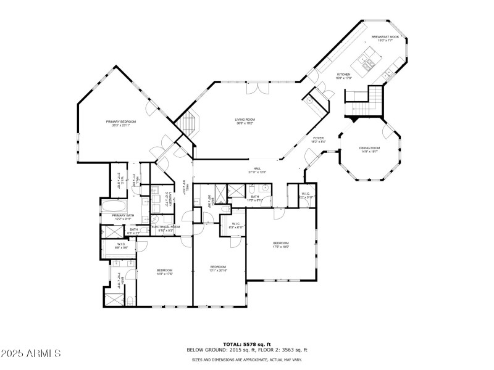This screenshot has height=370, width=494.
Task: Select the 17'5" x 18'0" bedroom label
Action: (x=281, y=245)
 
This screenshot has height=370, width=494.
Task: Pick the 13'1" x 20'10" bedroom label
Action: (x=219, y=268)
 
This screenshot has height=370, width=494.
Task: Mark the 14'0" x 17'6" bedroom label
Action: (x=164, y=272)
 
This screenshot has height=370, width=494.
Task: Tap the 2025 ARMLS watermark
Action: (x=31, y=354)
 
